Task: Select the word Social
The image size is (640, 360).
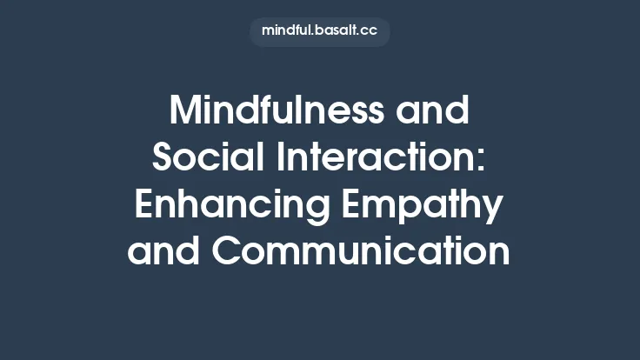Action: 201,158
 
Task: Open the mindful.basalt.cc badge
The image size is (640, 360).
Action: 320,31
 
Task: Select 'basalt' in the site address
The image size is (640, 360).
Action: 338,31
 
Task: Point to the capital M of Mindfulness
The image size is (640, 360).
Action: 185,111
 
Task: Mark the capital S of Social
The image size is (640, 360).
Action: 165,158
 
